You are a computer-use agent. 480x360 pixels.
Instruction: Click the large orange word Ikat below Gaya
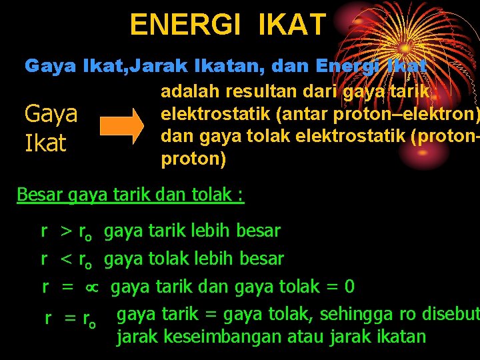[x=45, y=142]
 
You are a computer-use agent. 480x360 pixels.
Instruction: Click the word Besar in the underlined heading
[x=39, y=195]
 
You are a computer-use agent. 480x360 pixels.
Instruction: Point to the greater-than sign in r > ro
[x=66, y=232]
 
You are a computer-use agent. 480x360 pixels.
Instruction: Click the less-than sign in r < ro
[x=66, y=259]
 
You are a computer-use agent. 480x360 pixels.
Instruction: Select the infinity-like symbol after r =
[x=91, y=288]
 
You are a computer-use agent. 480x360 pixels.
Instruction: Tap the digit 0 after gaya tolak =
[x=349, y=287]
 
